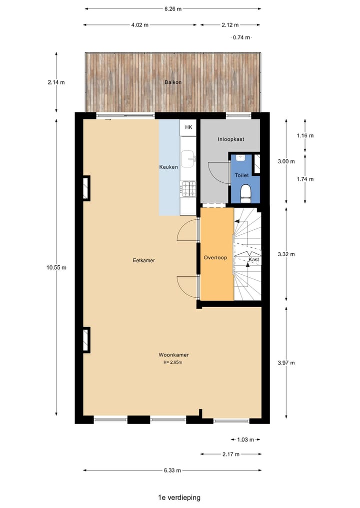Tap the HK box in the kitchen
[188, 127]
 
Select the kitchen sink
[188, 159]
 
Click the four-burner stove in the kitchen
[189, 188]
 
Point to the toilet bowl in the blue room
[245, 192]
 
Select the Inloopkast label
[230, 139]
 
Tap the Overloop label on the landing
[215, 258]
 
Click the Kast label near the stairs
[254, 260]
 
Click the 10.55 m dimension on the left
[56, 267]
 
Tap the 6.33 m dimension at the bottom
[171, 470]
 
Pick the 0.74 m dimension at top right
[241, 37]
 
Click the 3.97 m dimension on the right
[286, 363]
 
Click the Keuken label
[168, 167]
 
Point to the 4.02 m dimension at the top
[139, 24]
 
